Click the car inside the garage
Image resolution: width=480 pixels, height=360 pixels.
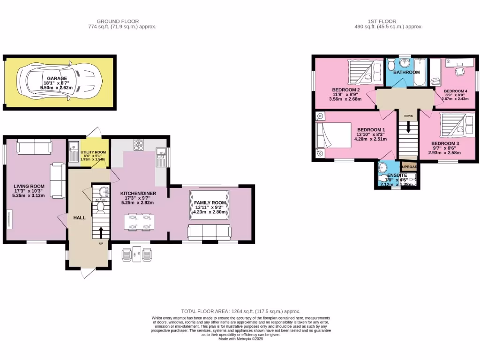coord(59,83)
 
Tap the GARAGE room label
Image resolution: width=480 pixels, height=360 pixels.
coord(56,79)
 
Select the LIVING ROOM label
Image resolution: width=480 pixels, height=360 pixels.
coord(29,186)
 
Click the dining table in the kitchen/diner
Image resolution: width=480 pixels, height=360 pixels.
coord(139,222)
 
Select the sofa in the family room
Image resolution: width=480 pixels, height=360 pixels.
coord(209,232)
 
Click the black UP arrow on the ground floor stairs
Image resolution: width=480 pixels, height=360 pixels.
coord(100,232)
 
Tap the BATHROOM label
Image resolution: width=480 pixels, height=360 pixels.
coord(406,73)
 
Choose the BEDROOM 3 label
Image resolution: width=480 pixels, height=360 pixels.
coord(445,143)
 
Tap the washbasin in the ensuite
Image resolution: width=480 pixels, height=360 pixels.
coord(384,167)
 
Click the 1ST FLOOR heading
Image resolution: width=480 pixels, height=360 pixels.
coord(382,21)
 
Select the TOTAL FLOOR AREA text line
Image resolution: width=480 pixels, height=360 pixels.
coord(240,311)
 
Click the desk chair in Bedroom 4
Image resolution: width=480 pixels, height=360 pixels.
coord(458,71)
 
